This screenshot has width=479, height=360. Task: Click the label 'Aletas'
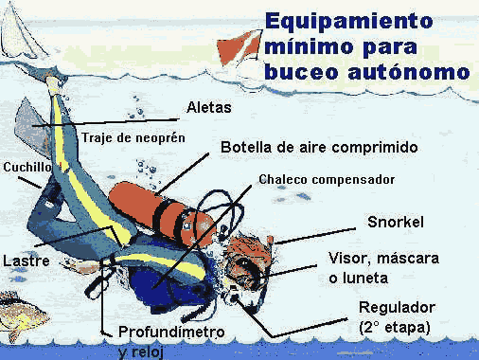(209, 107)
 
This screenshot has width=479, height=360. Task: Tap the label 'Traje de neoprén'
(132, 137)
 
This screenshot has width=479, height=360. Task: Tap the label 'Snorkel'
(395, 223)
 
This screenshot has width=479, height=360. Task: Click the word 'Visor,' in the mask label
(351, 258)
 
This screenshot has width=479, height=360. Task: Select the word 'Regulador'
(399, 309)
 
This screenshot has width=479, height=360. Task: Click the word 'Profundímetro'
(171, 333)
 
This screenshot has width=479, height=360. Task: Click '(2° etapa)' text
(395, 328)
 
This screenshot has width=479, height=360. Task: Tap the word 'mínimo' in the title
(305, 45)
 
